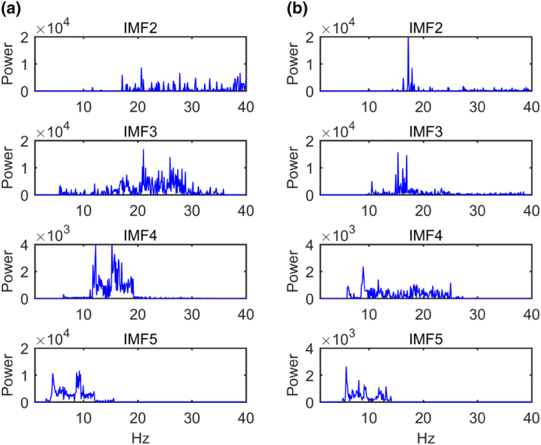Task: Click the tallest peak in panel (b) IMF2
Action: click(408, 39)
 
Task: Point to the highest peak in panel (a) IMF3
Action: click(143, 150)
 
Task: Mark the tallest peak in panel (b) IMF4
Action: click(363, 268)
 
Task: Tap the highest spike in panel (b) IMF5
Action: click(346, 367)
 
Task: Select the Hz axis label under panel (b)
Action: click(425, 437)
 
